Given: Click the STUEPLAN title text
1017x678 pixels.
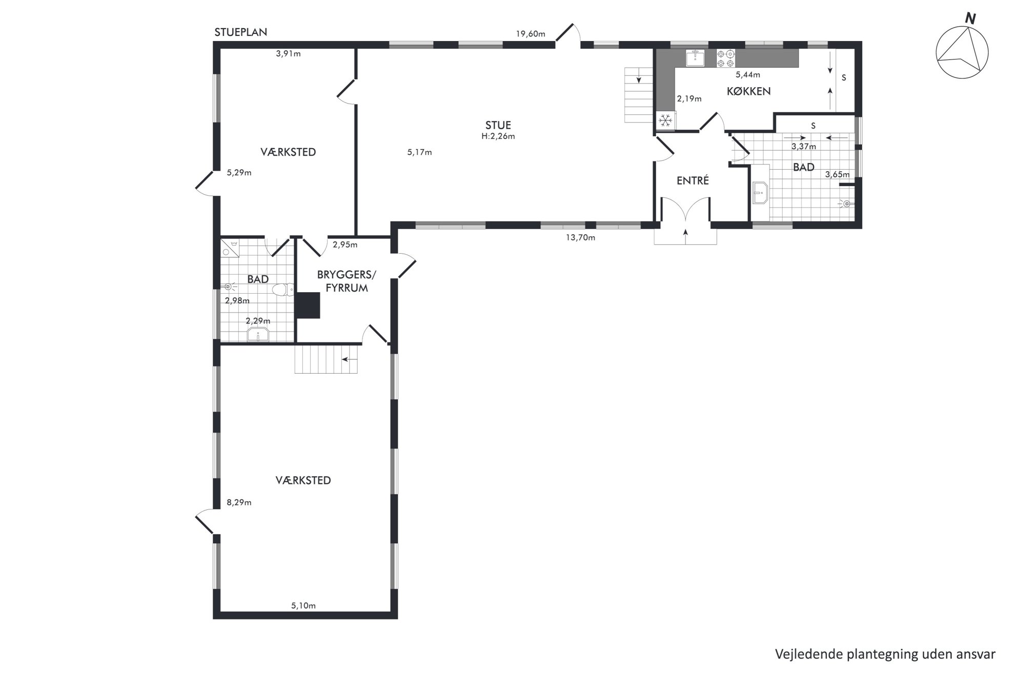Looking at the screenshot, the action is (240, 32).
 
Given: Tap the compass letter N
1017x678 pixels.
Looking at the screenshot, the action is (970, 19).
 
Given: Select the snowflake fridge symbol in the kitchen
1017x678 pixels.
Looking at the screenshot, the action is (665, 120).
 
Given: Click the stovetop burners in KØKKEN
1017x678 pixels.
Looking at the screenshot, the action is (725, 58).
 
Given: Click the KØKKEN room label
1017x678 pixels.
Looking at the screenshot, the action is (748, 91).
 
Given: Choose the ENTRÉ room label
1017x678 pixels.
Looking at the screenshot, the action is (693, 180).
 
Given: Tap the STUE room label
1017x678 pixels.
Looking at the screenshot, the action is (498, 125).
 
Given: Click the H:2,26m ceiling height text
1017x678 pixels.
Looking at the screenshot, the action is (498, 136).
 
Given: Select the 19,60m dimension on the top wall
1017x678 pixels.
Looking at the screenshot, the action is (531, 34).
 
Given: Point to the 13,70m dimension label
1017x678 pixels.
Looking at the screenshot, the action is (580, 237).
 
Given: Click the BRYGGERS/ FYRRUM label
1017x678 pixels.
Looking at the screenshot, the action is (347, 281).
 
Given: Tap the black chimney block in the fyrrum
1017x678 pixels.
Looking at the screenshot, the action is (308, 305).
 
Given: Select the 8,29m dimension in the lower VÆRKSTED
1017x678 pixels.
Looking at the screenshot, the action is (239, 502).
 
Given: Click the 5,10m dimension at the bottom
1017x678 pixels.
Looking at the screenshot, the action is (303, 605).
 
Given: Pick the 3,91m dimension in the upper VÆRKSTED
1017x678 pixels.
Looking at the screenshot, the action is (288, 53).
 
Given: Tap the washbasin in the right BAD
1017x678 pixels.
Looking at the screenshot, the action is (760, 193).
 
